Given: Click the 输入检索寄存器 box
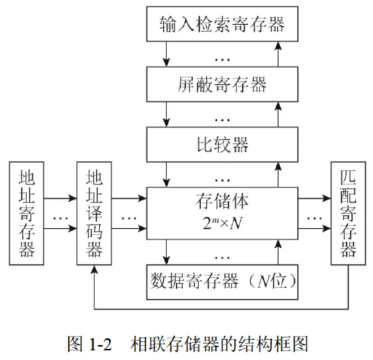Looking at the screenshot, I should [x=222, y=23].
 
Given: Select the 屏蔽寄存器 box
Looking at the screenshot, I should [x=222, y=84].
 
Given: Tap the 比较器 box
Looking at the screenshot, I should [x=222, y=144].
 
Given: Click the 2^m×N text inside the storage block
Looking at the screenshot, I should [x=222, y=223].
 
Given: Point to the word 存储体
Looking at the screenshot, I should [x=222, y=202].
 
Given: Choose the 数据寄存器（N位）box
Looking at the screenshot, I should [x=222, y=281].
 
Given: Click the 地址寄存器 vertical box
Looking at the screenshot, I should [x=26, y=213].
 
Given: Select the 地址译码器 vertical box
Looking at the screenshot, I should [x=94, y=213].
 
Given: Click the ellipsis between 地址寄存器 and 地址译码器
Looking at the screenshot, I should [x=60, y=218].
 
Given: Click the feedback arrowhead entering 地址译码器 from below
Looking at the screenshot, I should [x=94, y=270].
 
